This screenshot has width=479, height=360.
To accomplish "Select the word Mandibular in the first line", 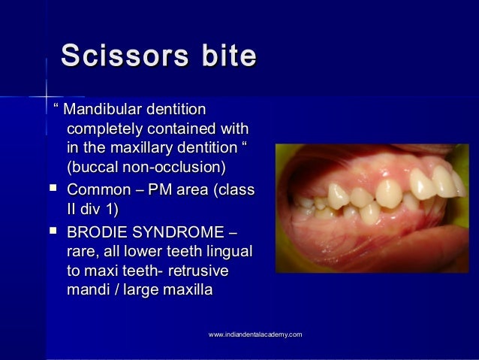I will click(x=105, y=111).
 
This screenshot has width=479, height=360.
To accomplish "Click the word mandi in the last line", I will click(x=87, y=287).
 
